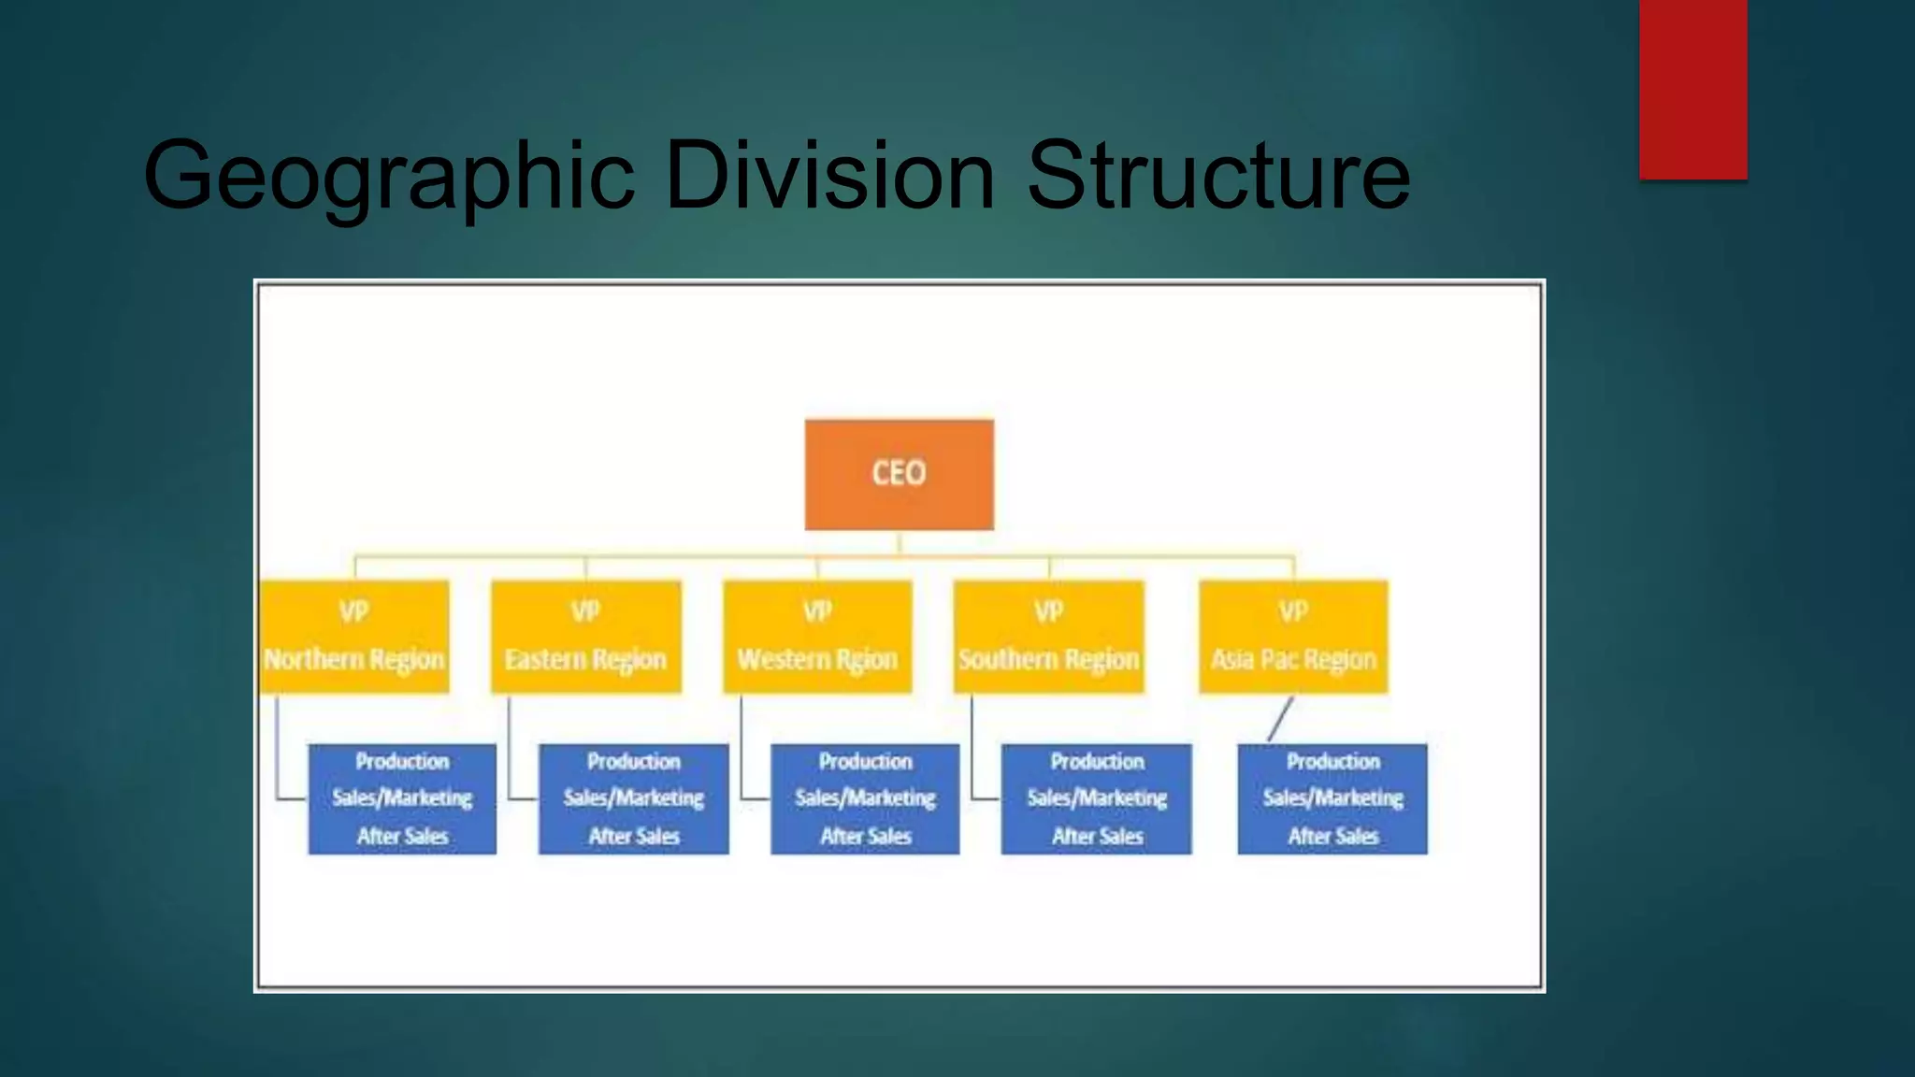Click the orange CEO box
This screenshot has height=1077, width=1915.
click(x=899, y=474)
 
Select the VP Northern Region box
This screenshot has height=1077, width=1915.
click(x=354, y=637)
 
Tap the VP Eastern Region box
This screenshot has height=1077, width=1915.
click(x=586, y=637)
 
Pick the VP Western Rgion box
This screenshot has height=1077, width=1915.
click(x=817, y=637)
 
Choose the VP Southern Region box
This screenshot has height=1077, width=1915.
click(x=1048, y=637)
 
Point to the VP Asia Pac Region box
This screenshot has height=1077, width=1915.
click(x=1293, y=637)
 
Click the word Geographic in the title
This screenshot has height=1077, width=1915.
click(x=389, y=176)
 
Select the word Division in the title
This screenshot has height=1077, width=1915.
click(x=829, y=174)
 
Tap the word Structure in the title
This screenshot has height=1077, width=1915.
click(x=1217, y=174)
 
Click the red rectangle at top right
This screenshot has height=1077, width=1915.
click(x=1692, y=89)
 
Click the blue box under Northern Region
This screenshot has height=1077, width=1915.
click(x=402, y=798)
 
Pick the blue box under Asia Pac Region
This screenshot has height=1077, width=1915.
click(x=1332, y=798)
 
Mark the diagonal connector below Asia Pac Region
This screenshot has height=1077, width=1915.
click(x=1280, y=718)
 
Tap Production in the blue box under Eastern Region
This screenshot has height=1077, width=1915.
click(x=633, y=761)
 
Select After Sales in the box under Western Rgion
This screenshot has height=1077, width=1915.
click(x=865, y=836)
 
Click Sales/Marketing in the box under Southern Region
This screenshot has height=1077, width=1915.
click(x=1097, y=797)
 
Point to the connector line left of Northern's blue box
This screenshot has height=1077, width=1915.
click(x=277, y=748)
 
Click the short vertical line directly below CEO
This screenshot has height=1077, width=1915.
click(x=899, y=543)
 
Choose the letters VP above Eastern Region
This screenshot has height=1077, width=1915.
click(x=585, y=611)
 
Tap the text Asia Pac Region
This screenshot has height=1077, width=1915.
click(x=1293, y=660)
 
